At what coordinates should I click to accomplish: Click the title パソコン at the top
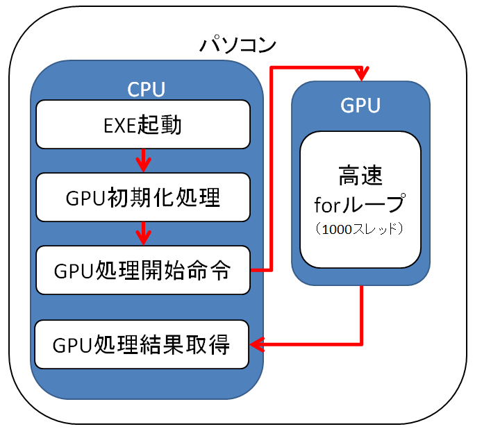coord(238,46)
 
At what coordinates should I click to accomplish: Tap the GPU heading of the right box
coord(360,106)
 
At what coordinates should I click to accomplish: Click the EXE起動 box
coord(142,124)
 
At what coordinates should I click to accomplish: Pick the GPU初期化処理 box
coord(142,198)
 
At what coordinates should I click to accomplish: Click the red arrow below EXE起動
coord(143,161)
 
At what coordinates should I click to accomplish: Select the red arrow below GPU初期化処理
coord(143,234)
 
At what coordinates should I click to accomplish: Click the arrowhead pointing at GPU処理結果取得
coord(256,344)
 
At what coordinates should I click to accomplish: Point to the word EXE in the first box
coord(120,125)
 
